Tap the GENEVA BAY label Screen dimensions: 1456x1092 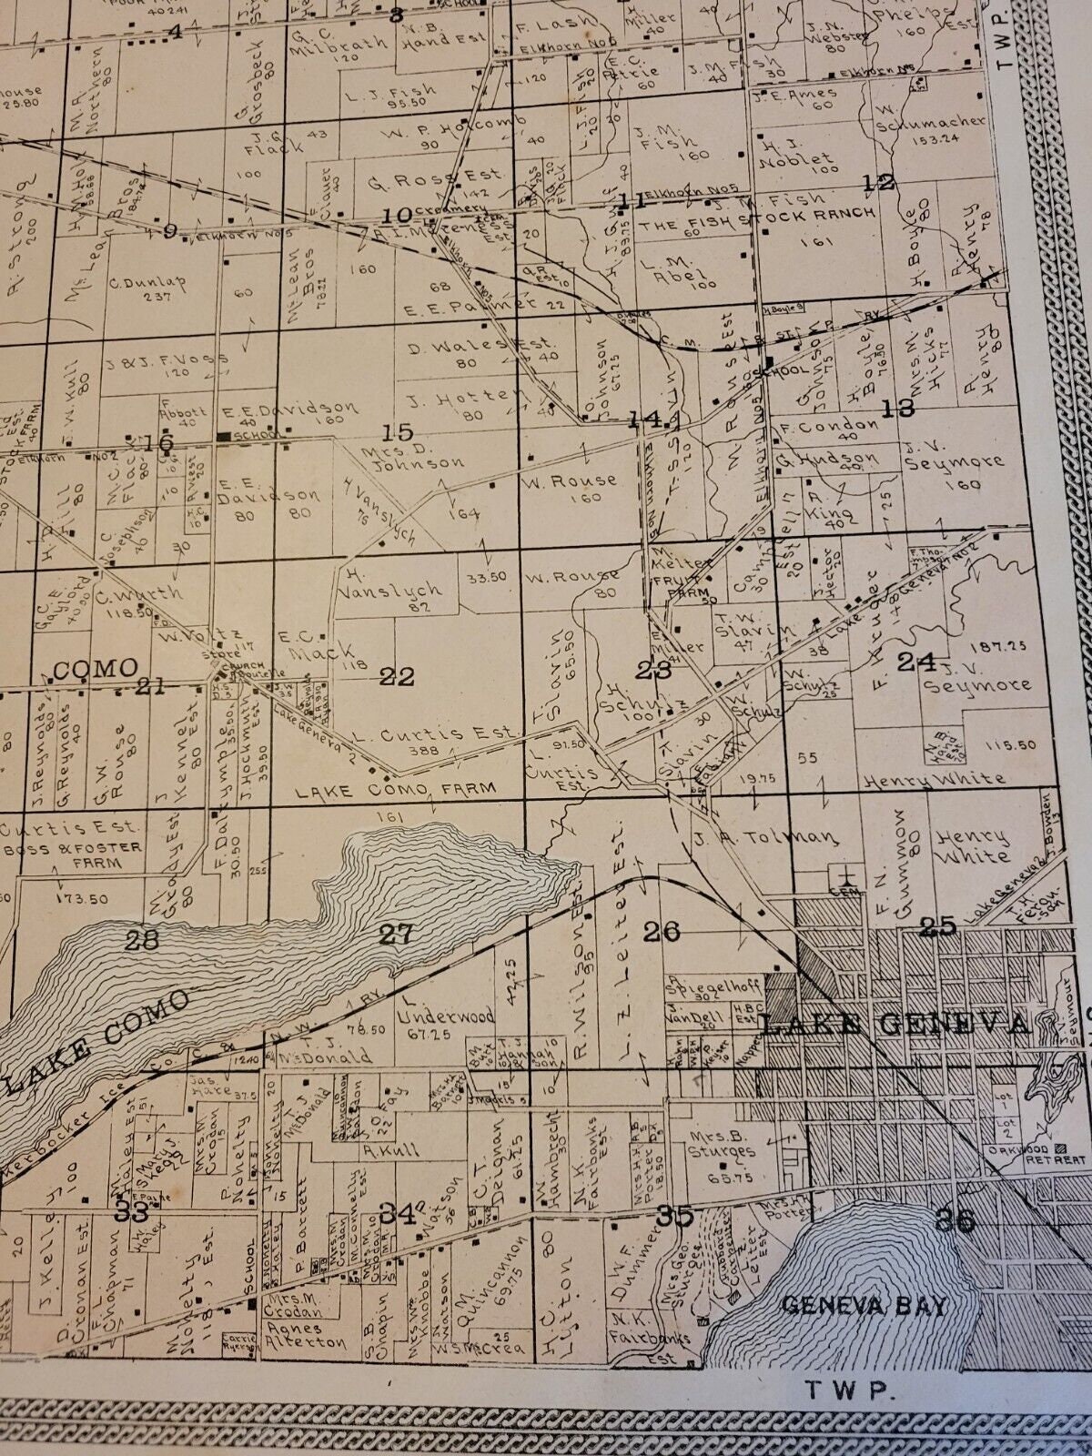864,1306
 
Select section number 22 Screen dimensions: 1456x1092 397,676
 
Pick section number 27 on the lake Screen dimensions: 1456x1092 397,933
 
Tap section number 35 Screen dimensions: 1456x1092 674,1215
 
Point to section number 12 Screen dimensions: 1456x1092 880,182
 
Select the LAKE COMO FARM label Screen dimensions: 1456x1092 396,789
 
